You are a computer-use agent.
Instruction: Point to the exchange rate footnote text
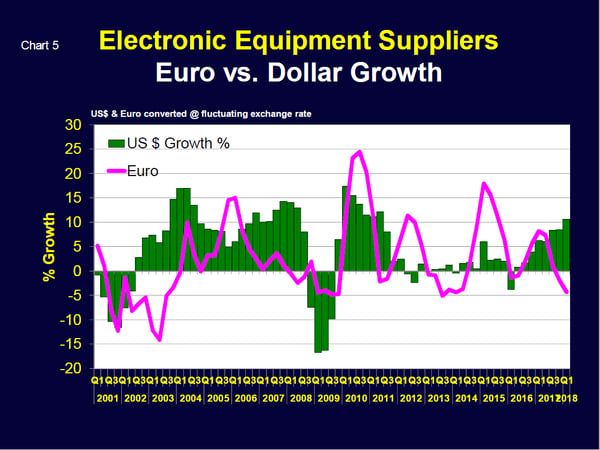(x=201, y=114)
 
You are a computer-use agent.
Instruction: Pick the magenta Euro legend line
(x=119, y=171)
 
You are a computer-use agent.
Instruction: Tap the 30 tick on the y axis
(x=73, y=125)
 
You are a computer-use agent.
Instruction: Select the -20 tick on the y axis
(x=71, y=368)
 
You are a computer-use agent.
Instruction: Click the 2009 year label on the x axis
(x=326, y=398)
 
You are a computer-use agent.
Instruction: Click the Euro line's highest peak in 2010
(x=360, y=152)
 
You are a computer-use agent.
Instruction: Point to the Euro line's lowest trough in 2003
(x=159, y=340)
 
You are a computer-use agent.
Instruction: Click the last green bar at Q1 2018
(x=566, y=245)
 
